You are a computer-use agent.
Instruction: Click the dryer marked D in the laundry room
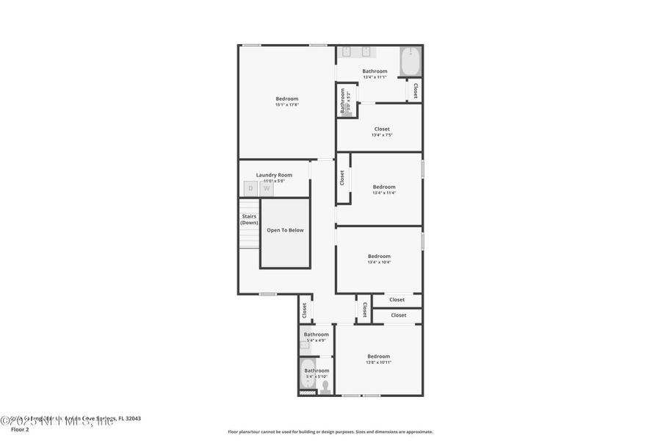coord(250,188)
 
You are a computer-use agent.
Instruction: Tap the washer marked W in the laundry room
coord(267,188)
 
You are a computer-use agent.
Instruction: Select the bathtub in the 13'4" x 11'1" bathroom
coord(411,61)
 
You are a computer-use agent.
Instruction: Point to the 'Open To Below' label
coord(285,230)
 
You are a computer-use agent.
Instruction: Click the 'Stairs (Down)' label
coord(249,219)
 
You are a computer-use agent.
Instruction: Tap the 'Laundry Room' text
coord(274,175)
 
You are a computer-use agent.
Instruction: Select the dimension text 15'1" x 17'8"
coord(286,105)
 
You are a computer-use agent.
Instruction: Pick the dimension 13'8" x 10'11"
coord(378,362)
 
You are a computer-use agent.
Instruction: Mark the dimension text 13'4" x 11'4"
coord(383,193)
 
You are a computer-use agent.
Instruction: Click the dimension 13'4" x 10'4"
coord(379,262)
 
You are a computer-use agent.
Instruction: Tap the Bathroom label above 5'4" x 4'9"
coord(317,334)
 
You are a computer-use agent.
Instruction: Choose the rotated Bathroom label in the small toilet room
coord(342,101)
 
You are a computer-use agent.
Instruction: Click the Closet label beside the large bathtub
coord(415,90)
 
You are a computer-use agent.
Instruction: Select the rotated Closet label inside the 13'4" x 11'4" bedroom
coord(342,178)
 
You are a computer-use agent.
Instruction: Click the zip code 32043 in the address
coord(132,419)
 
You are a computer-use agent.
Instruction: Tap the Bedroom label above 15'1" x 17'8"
coord(286,98)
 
